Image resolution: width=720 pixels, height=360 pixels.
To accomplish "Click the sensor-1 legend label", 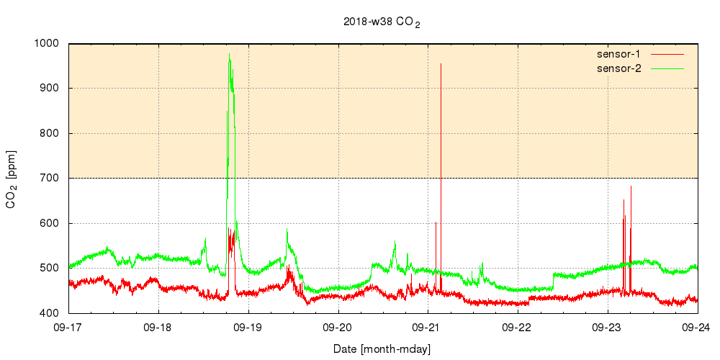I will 618,54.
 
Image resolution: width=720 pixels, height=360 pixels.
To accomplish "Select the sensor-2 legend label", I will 618,68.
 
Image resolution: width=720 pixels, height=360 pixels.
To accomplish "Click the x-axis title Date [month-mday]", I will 382,348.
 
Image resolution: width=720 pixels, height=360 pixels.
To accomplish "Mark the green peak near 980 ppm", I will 229,54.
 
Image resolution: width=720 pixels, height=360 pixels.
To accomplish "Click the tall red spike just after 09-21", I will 441,64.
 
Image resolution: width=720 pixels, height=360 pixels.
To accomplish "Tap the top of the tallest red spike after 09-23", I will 631,186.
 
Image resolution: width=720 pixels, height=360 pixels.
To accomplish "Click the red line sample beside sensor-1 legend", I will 667,54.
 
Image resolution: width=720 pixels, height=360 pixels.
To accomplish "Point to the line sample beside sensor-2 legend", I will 667,68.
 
